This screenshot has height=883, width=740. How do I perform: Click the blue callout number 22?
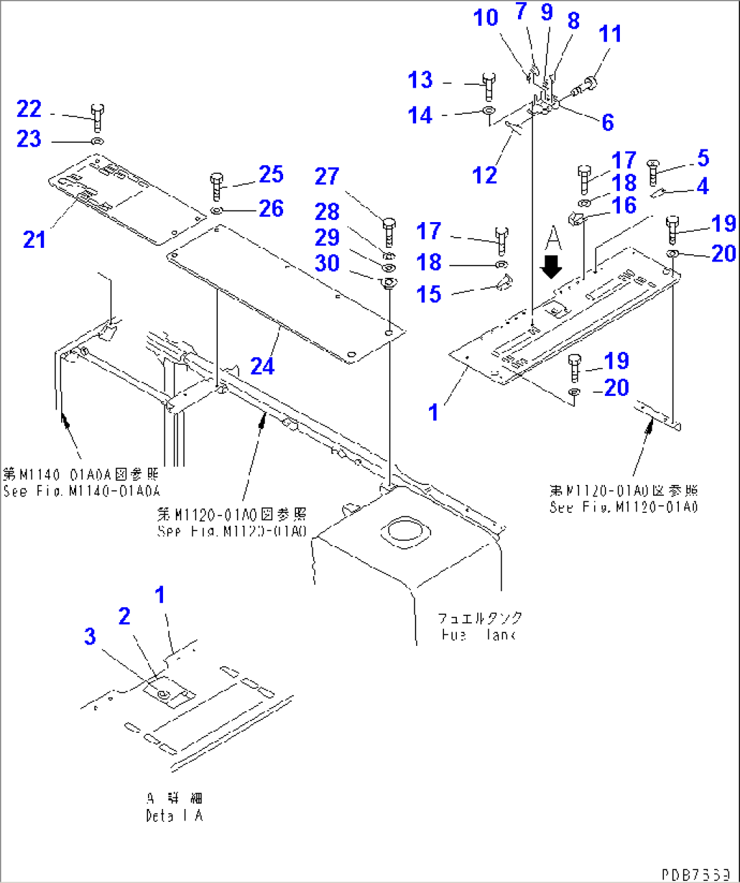29,109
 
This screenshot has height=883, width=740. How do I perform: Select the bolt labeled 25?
217,186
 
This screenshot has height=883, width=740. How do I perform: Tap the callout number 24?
263,366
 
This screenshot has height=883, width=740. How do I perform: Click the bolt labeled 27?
389,232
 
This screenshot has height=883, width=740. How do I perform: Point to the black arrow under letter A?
551,266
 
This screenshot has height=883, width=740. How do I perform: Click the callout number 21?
34,239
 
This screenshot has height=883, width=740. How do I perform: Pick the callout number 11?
610,34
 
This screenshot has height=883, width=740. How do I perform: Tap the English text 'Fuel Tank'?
478,635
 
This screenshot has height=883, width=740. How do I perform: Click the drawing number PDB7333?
695,873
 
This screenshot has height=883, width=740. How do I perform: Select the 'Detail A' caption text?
174,815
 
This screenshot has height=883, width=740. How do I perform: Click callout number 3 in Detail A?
90,636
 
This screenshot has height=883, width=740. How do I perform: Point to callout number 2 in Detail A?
124,616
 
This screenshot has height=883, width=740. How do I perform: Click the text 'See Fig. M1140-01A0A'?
81,491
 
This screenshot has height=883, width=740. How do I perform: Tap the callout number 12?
485,175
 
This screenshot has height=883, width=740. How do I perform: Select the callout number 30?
327,263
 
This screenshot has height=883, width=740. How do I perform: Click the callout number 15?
429,294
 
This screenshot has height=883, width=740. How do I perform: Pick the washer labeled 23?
96,141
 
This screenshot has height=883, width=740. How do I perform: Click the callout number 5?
703,158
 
